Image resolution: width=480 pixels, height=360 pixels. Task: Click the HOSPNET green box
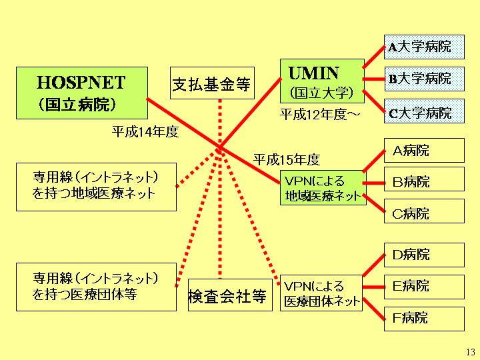tap(81, 93)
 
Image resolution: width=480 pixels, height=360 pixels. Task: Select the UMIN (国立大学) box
tap(322, 82)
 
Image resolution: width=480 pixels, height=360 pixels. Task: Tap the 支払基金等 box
tap(211, 84)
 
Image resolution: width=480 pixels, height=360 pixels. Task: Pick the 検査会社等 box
tap(227, 295)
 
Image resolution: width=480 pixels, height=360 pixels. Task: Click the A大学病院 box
tap(423, 47)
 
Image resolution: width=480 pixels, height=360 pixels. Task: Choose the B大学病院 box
tap(423, 79)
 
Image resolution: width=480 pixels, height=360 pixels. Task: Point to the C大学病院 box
tap(423, 111)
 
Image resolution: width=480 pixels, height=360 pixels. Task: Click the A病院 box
tap(423, 150)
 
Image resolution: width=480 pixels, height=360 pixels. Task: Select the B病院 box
tap(423, 181)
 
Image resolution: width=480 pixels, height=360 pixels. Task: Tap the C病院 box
tap(423, 213)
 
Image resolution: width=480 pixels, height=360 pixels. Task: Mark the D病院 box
tap(423, 255)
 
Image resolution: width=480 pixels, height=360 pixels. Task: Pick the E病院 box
tap(423, 287)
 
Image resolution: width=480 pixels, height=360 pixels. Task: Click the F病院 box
tap(423, 318)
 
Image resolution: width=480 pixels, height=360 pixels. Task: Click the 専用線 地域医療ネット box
tap(96, 186)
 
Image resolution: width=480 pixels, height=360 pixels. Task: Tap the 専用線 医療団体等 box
tap(96, 287)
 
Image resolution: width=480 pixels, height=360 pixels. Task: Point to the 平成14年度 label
tap(145, 132)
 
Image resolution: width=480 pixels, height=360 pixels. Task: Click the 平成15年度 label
tap(287, 159)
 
